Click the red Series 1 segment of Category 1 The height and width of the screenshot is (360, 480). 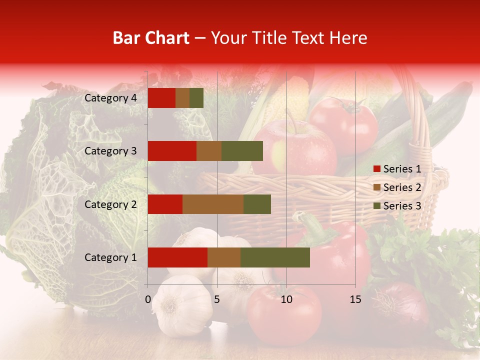pyautogui.click(x=177, y=257)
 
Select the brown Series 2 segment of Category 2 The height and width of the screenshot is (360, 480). pyautogui.click(x=213, y=204)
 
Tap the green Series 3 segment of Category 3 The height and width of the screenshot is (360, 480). pyautogui.click(x=242, y=151)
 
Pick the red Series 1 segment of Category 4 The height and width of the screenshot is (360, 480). pyautogui.click(x=161, y=98)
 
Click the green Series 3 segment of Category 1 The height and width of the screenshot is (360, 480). pyautogui.click(x=275, y=257)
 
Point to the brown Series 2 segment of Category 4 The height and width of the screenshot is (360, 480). pyautogui.click(x=182, y=98)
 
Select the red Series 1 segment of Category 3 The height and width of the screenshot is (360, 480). pyautogui.click(x=172, y=151)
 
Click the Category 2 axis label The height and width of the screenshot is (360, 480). pyautogui.click(x=110, y=204)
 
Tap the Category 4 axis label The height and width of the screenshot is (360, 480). pyautogui.click(x=110, y=98)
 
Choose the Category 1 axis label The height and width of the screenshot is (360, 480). pyautogui.click(x=110, y=257)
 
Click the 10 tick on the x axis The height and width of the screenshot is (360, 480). pyautogui.click(x=286, y=299)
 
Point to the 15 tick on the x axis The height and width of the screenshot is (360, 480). pyautogui.click(x=355, y=299)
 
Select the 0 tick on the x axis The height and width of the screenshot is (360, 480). pyautogui.click(x=148, y=299)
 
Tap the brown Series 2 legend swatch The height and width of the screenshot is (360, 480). pyautogui.click(x=376, y=187)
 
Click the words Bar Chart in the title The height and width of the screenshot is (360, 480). pyautogui.click(x=151, y=38)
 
